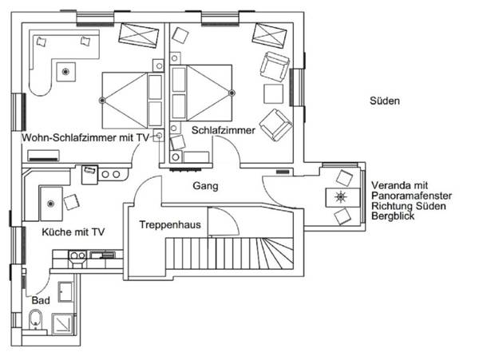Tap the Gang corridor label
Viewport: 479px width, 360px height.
pos(205,186)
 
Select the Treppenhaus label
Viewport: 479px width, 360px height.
pos(170,225)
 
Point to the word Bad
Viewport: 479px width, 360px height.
pos(40,300)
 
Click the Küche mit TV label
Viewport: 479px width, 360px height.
pos(73,232)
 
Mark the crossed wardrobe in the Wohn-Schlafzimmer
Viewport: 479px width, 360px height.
pos(137,34)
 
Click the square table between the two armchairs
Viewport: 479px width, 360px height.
pos(274,93)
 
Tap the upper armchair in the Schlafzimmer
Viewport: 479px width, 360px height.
pos(275,65)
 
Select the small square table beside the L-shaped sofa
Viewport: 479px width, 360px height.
pos(64,73)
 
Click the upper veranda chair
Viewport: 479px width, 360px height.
pos(344,177)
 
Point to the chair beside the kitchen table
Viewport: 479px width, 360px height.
pos(71,200)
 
